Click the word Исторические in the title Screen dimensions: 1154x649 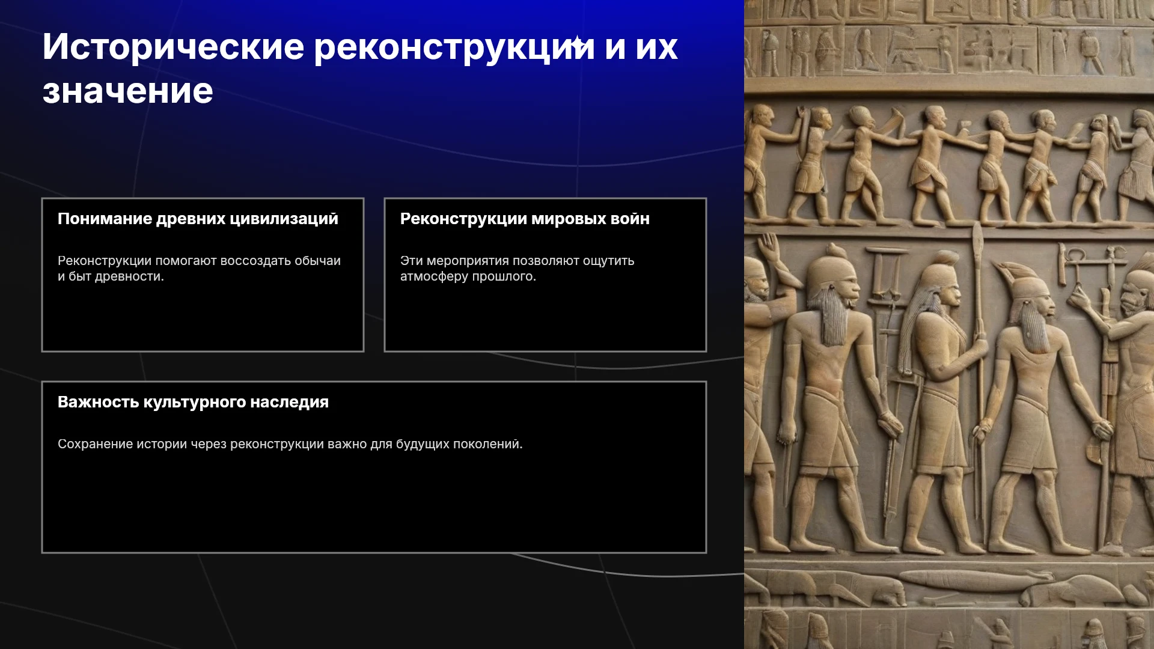pos(173,47)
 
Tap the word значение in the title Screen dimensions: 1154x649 pos(128,91)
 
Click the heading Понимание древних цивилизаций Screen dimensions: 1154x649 pos(198,219)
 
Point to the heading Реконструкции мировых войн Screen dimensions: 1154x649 pos(525,219)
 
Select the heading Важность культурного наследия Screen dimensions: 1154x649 pos(193,402)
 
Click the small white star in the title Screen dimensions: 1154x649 pos(576,43)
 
